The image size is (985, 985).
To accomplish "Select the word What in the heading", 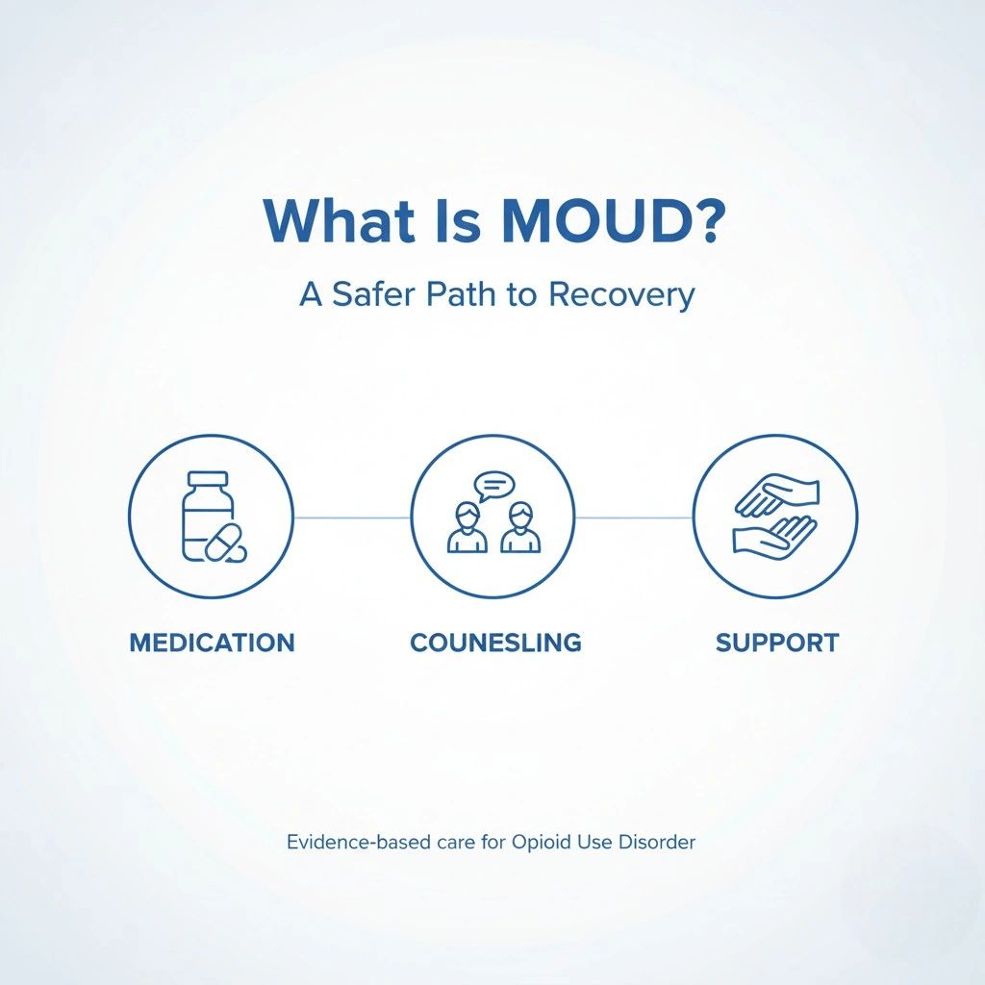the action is tap(340, 220).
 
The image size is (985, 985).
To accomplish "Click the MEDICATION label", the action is tap(213, 643).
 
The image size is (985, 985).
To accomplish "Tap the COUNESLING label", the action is tap(495, 643).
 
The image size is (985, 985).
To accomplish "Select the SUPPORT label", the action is tap(777, 643).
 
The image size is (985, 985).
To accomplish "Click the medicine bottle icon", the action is tap(208, 516).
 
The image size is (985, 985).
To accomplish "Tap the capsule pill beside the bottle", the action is tap(222, 542).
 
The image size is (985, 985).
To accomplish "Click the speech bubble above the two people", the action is tap(494, 487).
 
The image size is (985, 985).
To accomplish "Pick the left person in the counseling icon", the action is tap(467, 528).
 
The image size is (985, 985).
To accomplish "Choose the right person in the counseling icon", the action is tap(520, 528).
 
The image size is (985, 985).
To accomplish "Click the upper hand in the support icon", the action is tap(777, 494).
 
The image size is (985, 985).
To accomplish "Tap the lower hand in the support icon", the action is tap(774, 535).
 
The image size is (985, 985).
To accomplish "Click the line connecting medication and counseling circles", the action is tap(352, 518).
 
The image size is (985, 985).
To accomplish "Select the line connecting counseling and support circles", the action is tap(634, 518).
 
